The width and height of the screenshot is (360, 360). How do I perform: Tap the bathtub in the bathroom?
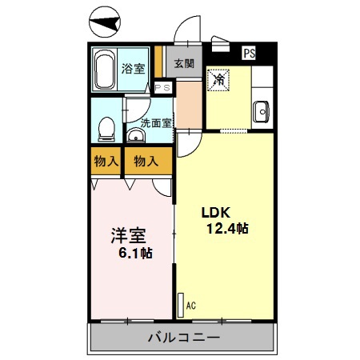(x=104, y=70)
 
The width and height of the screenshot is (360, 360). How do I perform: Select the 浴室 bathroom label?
(x=133, y=69)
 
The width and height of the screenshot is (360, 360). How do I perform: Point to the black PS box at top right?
(x=250, y=54)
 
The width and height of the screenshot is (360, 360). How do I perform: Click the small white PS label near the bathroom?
(x=162, y=88)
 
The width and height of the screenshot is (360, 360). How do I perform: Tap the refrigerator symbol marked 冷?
(x=218, y=79)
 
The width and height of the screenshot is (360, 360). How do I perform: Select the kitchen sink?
(x=261, y=112)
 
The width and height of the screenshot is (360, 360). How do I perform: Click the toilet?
(x=106, y=128)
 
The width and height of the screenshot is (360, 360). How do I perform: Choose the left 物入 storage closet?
(x=106, y=161)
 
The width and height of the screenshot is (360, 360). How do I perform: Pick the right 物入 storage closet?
(x=146, y=161)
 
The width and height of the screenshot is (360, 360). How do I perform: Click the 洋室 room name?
(x=128, y=236)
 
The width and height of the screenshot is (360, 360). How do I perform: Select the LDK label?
(x=215, y=213)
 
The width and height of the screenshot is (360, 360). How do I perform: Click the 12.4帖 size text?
(x=227, y=229)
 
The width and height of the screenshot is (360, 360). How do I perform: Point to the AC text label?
(x=190, y=304)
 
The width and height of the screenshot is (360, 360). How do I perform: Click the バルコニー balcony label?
(x=183, y=338)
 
